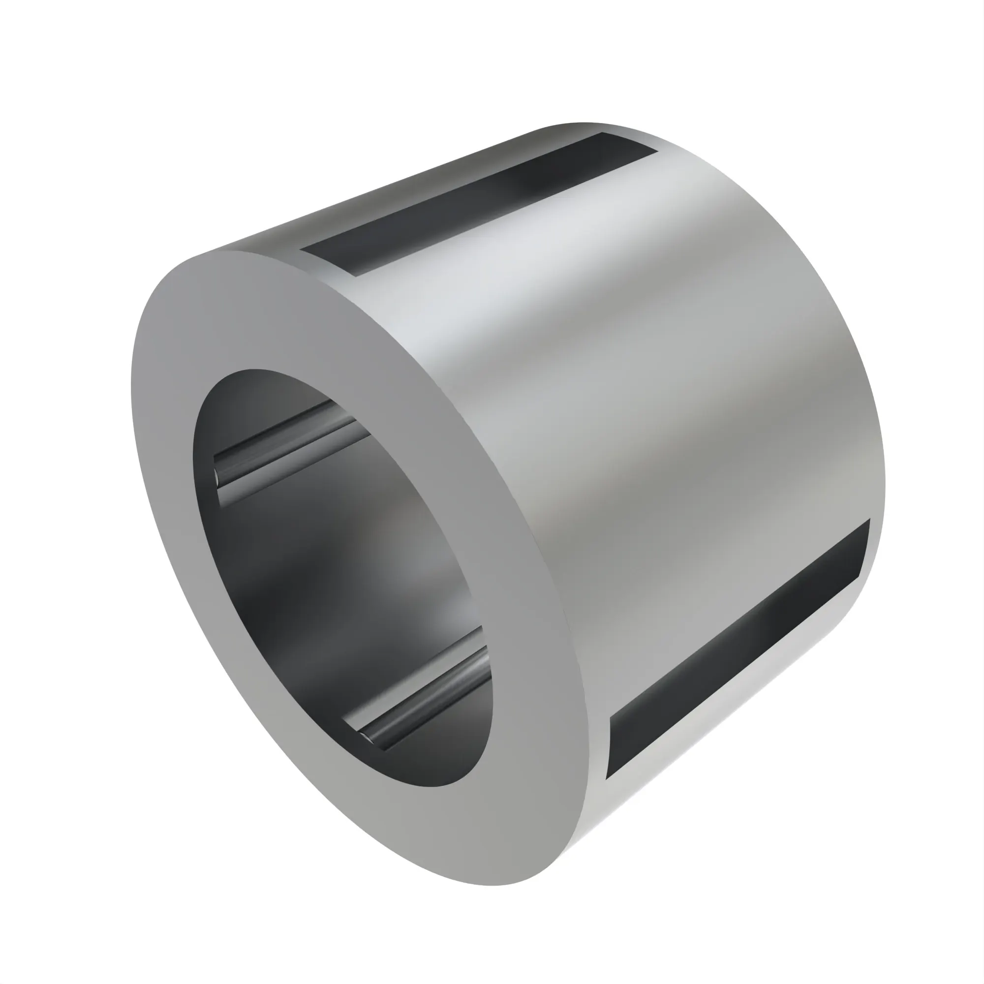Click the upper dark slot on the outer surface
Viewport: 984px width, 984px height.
click(479, 204)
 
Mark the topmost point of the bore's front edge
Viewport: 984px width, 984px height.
click(249, 370)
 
